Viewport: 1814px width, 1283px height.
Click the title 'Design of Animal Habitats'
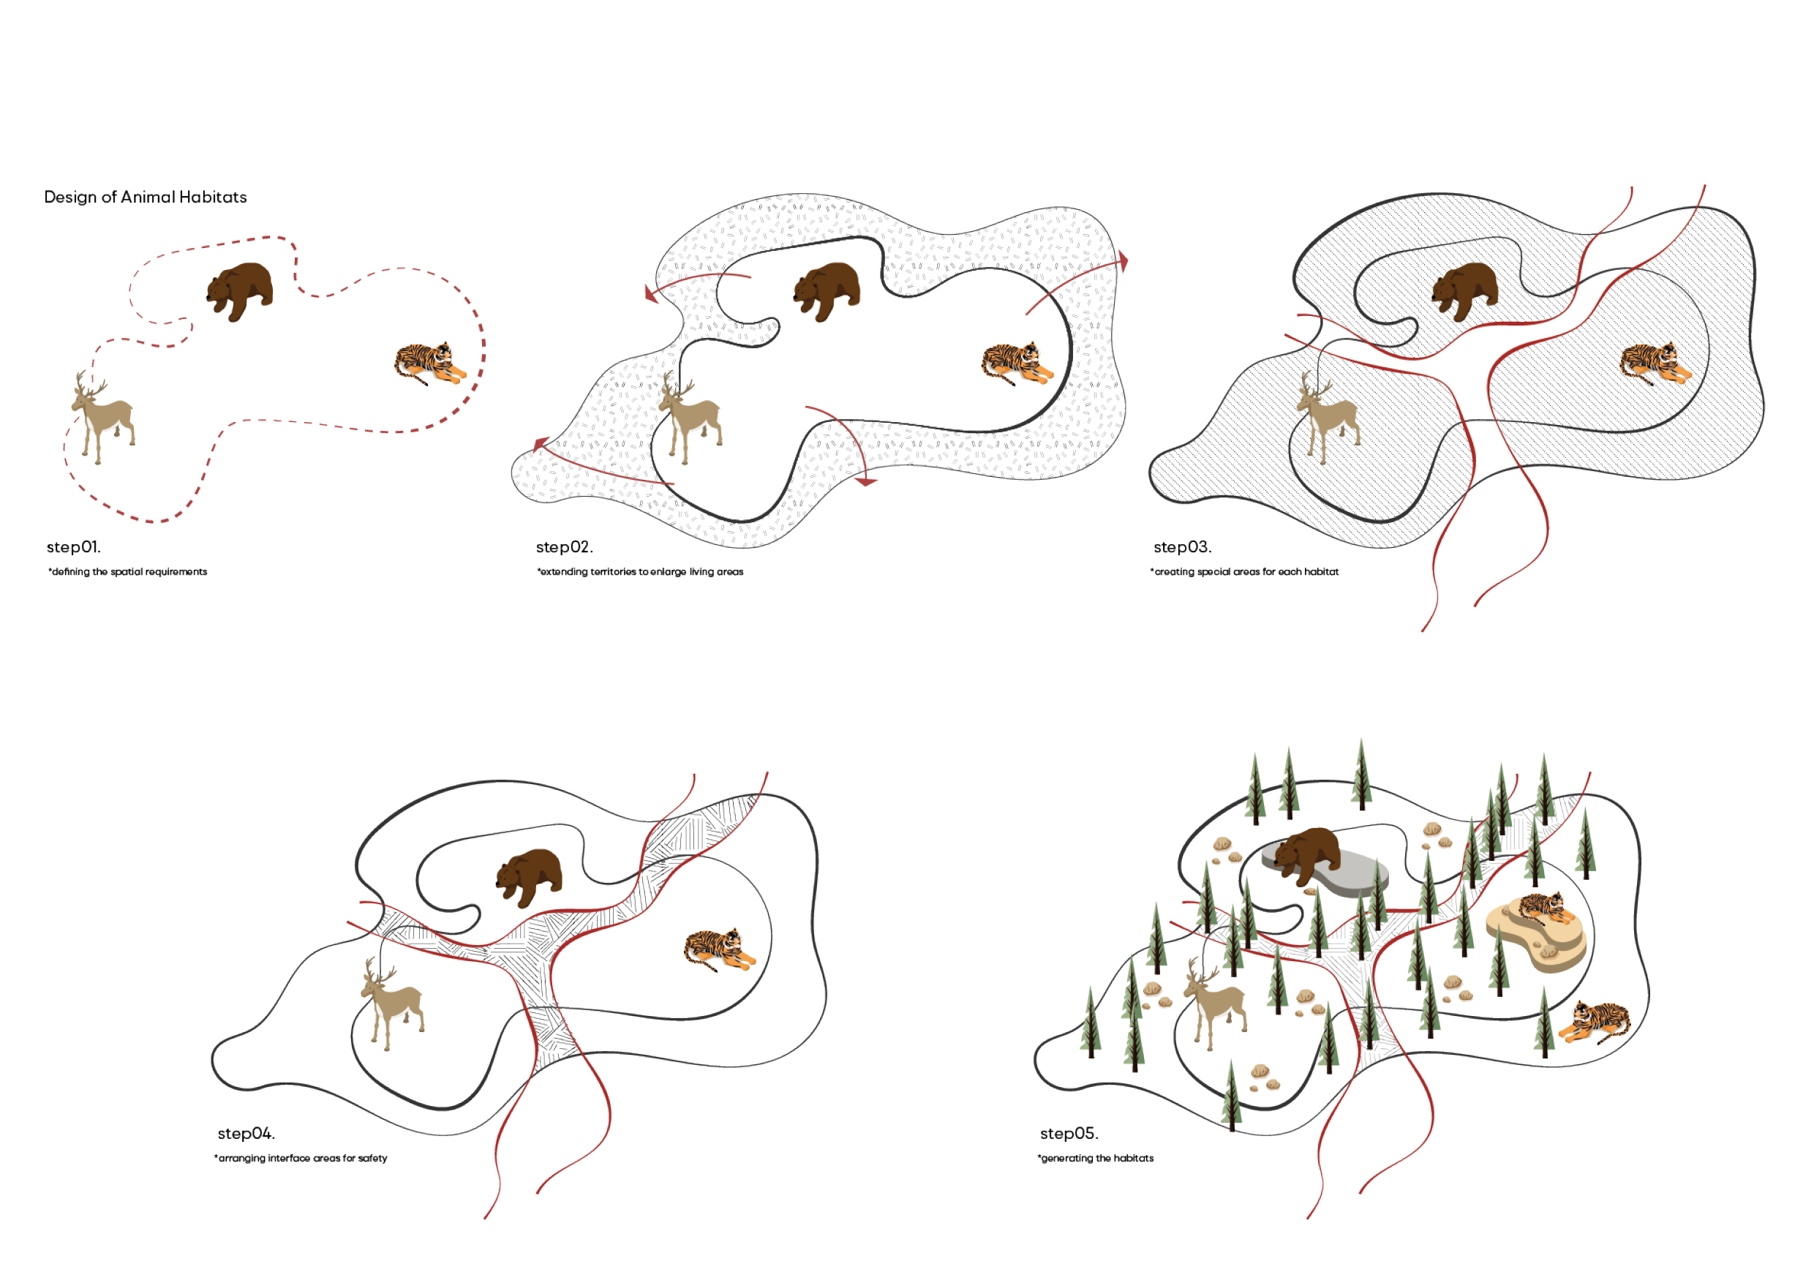coord(146,197)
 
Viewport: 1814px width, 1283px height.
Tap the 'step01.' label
coord(73,546)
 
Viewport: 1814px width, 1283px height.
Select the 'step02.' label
coord(564,546)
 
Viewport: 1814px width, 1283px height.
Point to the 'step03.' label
coord(1182,546)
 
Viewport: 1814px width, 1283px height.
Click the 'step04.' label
coord(246,1133)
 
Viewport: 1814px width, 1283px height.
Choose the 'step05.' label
coord(1069,1133)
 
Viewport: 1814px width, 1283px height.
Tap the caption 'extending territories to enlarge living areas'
coord(640,572)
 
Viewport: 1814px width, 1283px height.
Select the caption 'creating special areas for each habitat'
coord(1244,572)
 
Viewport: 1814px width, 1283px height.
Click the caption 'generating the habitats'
coord(1095,1158)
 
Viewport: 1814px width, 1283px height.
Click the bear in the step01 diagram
coord(239,290)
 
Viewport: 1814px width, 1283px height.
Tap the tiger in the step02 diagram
coord(1017,363)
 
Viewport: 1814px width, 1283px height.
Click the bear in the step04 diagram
coord(529,878)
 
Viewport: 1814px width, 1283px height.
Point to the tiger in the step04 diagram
coord(720,949)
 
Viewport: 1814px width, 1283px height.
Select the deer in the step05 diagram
coord(1215,1004)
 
